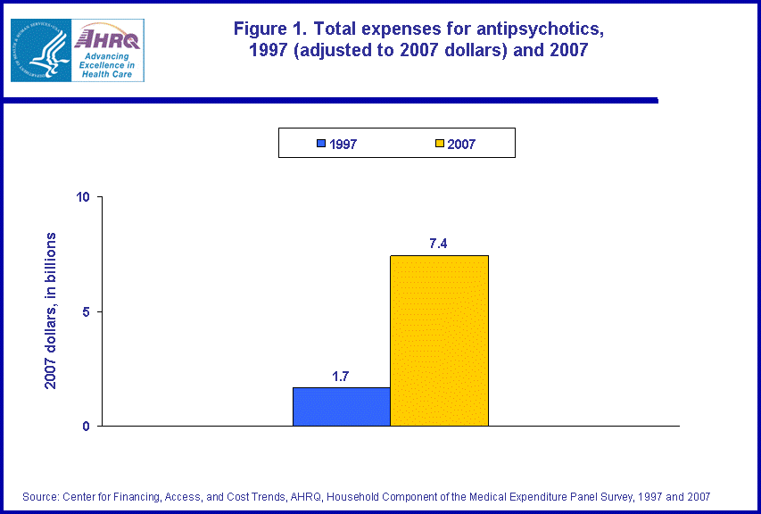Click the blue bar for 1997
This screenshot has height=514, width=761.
[341, 407]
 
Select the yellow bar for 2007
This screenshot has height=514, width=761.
[439, 341]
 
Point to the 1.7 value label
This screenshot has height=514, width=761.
[341, 377]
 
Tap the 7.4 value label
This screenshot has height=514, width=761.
[438, 244]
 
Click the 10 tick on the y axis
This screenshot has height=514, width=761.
[85, 197]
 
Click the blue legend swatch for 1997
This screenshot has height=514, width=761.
[321, 144]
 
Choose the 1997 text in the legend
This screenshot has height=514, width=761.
[343, 145]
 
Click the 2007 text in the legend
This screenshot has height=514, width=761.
[462, 145]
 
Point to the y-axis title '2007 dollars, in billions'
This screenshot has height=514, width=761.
[51, 311]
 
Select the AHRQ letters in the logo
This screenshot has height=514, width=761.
[106, 37]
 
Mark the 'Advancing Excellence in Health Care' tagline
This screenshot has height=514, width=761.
[105, 64]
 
